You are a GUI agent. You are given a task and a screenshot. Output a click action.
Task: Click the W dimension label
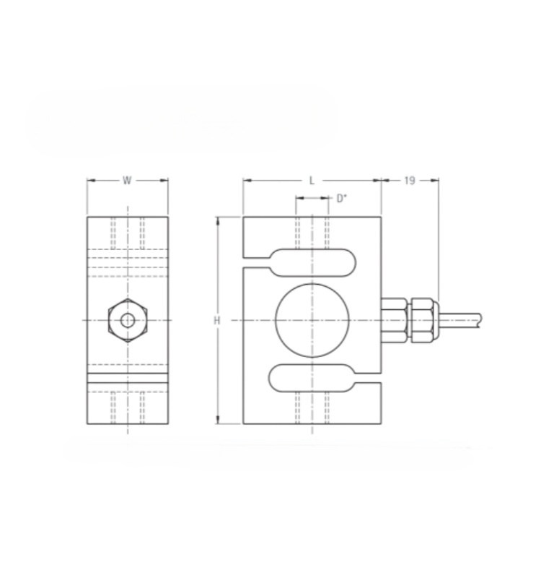[127, 180]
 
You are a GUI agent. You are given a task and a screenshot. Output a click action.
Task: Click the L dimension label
[312, 181]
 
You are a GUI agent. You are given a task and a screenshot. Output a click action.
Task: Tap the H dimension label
[217, 321]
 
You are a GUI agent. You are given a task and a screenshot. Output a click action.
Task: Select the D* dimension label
[342, 198]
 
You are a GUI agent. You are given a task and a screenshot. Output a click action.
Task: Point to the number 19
[410, 180]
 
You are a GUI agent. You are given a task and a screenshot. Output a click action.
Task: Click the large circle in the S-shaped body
[312, 284]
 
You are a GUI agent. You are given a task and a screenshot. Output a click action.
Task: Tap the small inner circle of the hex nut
[128, 315]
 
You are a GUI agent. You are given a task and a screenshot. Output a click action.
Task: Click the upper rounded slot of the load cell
[313, 249]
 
